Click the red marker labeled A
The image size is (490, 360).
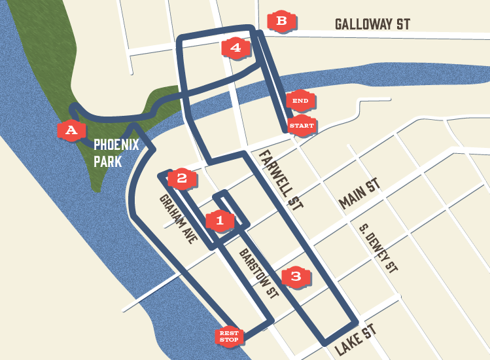pyautogui.click(x=71, y=130)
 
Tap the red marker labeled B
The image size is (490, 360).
pyautogui.click(x=282, y=21)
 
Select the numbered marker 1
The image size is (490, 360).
pyautogui.click(x=220, y=221)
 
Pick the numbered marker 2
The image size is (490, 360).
pyautogui.click(x=182, y=177)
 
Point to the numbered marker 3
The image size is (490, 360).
pyautogui.click(x=296, y=276)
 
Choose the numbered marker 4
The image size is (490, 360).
pyautogui.click(x=236, y=47)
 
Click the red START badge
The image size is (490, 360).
pyautogui.click(x=302, y=125)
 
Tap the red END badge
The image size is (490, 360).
pyautogui.click(x=300, y=100)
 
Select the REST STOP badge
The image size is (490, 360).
pyautogui.click(x=229, y=336)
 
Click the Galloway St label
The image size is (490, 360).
pyautogui.click(x=372, y=24)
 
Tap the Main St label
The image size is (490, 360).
pyautogui.click(x=359, y=195)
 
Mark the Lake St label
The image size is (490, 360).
pyautogui.click(x=357, y=339)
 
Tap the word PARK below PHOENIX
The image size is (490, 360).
pyautogui.click(x=107, y=160)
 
